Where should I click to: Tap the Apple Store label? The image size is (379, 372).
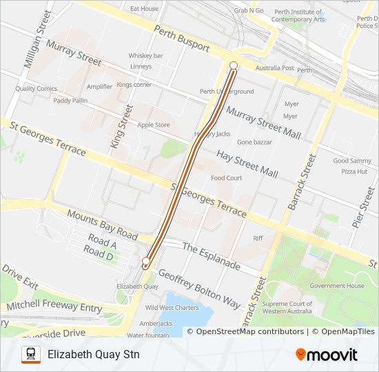[153, 125]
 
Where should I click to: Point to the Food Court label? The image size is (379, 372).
[226, 178]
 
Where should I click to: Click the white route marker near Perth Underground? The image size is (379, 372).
[234, 65]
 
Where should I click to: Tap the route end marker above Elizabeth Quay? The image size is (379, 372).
[145, 261]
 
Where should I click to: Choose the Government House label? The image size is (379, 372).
[336, 286]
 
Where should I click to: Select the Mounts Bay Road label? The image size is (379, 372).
[103, 225]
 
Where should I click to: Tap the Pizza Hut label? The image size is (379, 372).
[354, 171]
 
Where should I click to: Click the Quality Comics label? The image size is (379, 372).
[36, 88]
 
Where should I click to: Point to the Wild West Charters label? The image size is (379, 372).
[172, 308]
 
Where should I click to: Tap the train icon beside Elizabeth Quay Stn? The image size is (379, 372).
[31, 355]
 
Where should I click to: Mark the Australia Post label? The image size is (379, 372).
[274, 68]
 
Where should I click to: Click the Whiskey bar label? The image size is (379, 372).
[145, 55]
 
